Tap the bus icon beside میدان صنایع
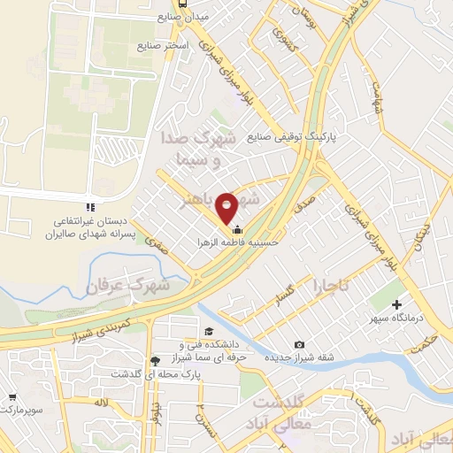(182, 4)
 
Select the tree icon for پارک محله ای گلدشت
(156, 360)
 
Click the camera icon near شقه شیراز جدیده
(299, 344)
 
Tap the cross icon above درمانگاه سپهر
(397, 303)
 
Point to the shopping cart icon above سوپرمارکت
(12, 398)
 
